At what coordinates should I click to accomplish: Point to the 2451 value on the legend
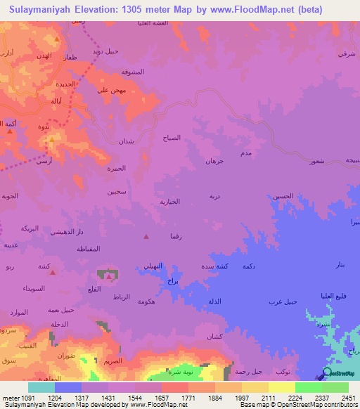pyautogui.click(x=347, y=397)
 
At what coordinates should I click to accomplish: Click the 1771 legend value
pyautogui.click(x=188, y=397)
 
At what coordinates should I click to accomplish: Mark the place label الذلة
pyautogui.click(x=215, y=301)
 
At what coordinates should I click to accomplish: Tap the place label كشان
pyautogui.click(x=214, y=337)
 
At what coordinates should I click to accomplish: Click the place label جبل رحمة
pyautogui.click(x=249, y=371)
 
